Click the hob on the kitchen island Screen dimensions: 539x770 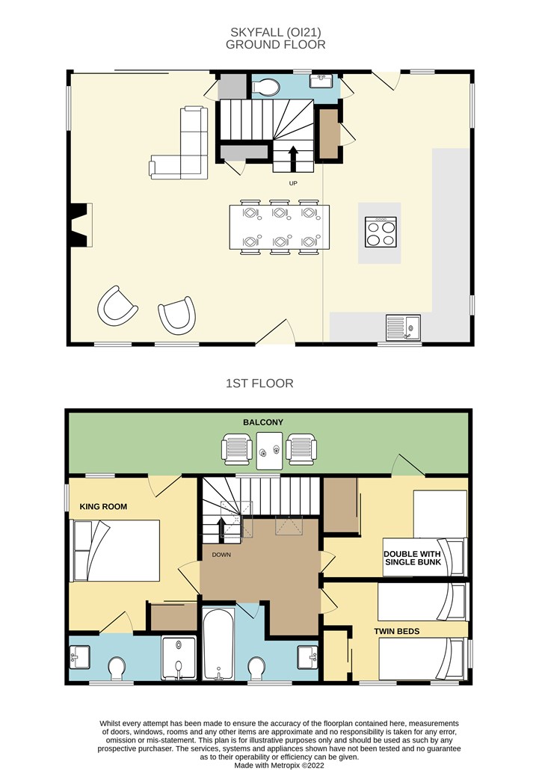point(381,232)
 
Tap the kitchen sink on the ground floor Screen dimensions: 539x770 point(402,327)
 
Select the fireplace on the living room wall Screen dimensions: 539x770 point(80,225)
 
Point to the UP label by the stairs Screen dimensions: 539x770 point(293,183)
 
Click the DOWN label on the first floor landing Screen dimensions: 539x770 point(221,555)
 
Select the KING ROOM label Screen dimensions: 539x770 point(103,506)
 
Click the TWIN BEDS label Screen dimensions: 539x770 point(397,631)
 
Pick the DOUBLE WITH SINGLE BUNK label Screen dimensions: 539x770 point(413,558)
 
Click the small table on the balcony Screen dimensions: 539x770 point(269,451)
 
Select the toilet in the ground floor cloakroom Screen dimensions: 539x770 point(265,87)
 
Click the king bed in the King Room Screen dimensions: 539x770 point(117,550)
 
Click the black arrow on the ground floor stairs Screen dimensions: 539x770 point(293,157)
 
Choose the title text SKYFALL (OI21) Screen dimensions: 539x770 point(275,32)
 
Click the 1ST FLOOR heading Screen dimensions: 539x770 point(259,383)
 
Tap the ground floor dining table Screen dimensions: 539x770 point(280,227)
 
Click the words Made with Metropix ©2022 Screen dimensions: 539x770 point(279,765)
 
